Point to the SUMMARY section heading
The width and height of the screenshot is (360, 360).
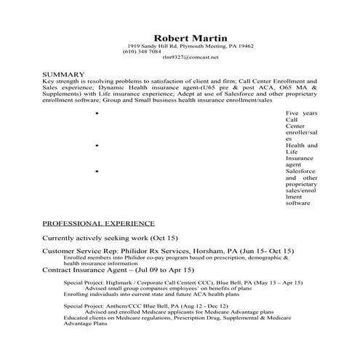[x=65, y=75]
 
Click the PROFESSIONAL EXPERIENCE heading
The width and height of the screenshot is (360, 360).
[x=98, y=223]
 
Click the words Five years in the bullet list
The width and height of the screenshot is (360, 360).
[x=302, y=115]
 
